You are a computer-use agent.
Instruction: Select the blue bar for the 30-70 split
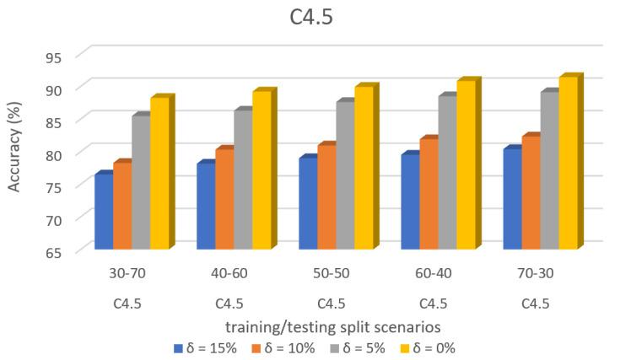pos(103,212)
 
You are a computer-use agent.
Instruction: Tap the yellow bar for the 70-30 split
pos(568,164)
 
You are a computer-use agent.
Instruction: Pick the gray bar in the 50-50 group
pos(344,175)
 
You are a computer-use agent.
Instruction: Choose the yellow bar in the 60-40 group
pos(466,165)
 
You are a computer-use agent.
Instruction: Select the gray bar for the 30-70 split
pos(140,182)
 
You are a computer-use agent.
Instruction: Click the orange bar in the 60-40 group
pos(429,194)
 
